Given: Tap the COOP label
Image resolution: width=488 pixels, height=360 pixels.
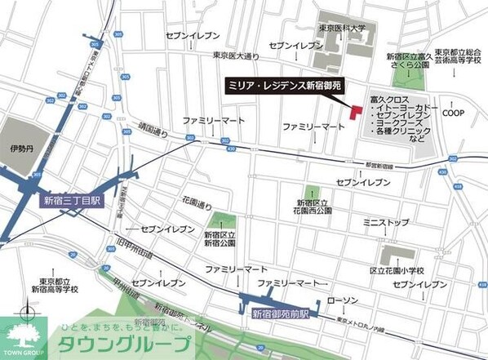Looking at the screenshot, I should pos(454,113).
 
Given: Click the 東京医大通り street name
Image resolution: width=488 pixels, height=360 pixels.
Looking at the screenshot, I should pos(235,56).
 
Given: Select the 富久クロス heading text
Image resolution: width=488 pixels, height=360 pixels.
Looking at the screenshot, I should pos(388,96).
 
